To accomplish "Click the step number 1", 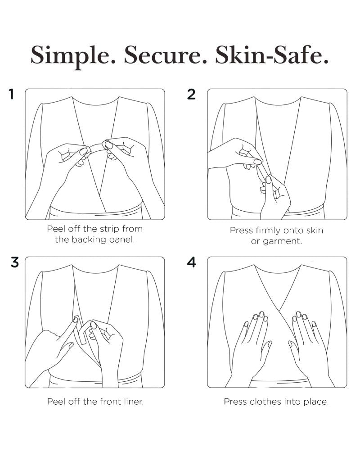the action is click(12, 95).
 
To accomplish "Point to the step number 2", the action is click(191, 95).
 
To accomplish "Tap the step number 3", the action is click(15, 262).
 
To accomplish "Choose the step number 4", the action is click(191, 262).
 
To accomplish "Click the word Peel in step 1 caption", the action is click(56, 229).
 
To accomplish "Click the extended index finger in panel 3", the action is click(67, 332).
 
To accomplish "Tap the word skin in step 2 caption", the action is click(315, 230).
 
